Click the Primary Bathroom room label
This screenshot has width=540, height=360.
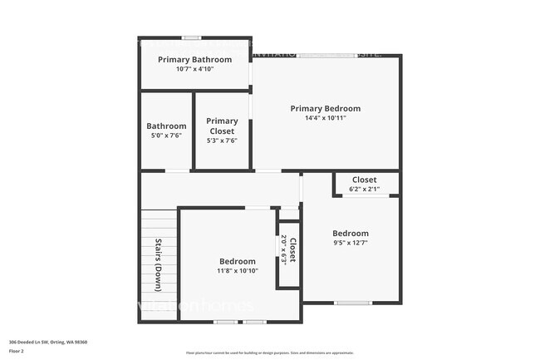pyautogui.click(x=195, y=59)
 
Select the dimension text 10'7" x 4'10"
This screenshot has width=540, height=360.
pyautogui.click(x=195, y=69)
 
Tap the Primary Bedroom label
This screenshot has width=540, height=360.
pyautogui.click(x=325, y=108)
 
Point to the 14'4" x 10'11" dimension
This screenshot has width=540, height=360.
pyautogui.click(x=325, y=118)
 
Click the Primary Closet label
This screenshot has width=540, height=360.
pyautogui.click(x=222, y=126)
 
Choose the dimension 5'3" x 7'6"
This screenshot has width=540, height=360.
pyautogui.click(x=222, y=141)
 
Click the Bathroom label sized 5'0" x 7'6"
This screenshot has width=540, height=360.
pyautogui.click(x=166, y=126)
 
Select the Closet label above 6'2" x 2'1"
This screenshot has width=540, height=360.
pyautogui.click(x=364, y=180)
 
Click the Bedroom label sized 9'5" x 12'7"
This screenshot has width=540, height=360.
pyautogui.click(x=350, y=233)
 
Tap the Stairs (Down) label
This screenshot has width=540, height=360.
pyautogui.click(x=159, y=265)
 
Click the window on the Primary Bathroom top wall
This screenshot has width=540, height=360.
pyautogui.click(x=191, y=37)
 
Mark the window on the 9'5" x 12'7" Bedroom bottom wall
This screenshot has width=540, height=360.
pyautogui.click(x=352, y=302)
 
